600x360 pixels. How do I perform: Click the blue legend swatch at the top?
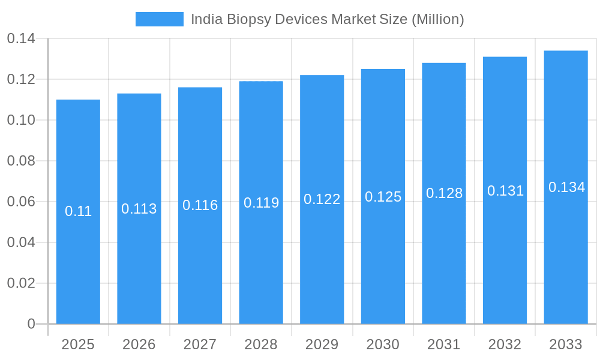(160, 19)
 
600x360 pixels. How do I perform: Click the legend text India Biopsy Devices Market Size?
(327, 19)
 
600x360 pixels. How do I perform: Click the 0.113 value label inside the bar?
(139, 209)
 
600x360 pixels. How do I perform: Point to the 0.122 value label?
(322, 199)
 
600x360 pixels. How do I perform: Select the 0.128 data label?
(444, 193)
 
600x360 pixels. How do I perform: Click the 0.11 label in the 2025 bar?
(78, 211)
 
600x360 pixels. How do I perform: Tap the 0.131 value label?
(505, 191)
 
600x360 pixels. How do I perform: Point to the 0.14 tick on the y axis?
(21, 39)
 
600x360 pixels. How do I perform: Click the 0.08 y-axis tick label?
(21, 161)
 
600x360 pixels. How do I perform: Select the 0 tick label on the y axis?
(31, 324)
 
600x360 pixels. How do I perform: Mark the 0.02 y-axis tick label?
(21, 283)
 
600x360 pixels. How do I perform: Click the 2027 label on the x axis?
(200, 344)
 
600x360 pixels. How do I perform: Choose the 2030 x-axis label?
(383, 344)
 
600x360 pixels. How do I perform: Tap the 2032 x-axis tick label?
(505, 344)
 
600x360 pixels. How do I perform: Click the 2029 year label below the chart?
(322, 344)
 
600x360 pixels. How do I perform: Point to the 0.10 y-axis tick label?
(21, 120)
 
